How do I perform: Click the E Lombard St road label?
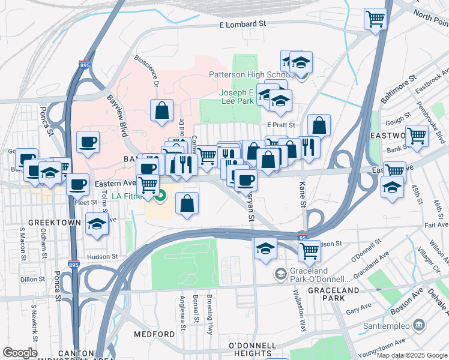242,24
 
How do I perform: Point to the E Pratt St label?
282,125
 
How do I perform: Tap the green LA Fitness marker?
160,195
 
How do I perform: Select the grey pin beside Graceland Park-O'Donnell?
280,274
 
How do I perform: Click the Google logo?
20,353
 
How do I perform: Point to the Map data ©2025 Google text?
412,355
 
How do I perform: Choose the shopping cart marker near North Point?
375,18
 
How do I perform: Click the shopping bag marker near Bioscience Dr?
161,110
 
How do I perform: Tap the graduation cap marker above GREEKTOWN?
97,224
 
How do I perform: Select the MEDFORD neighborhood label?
151,334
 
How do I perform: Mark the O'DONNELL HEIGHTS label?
253,350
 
